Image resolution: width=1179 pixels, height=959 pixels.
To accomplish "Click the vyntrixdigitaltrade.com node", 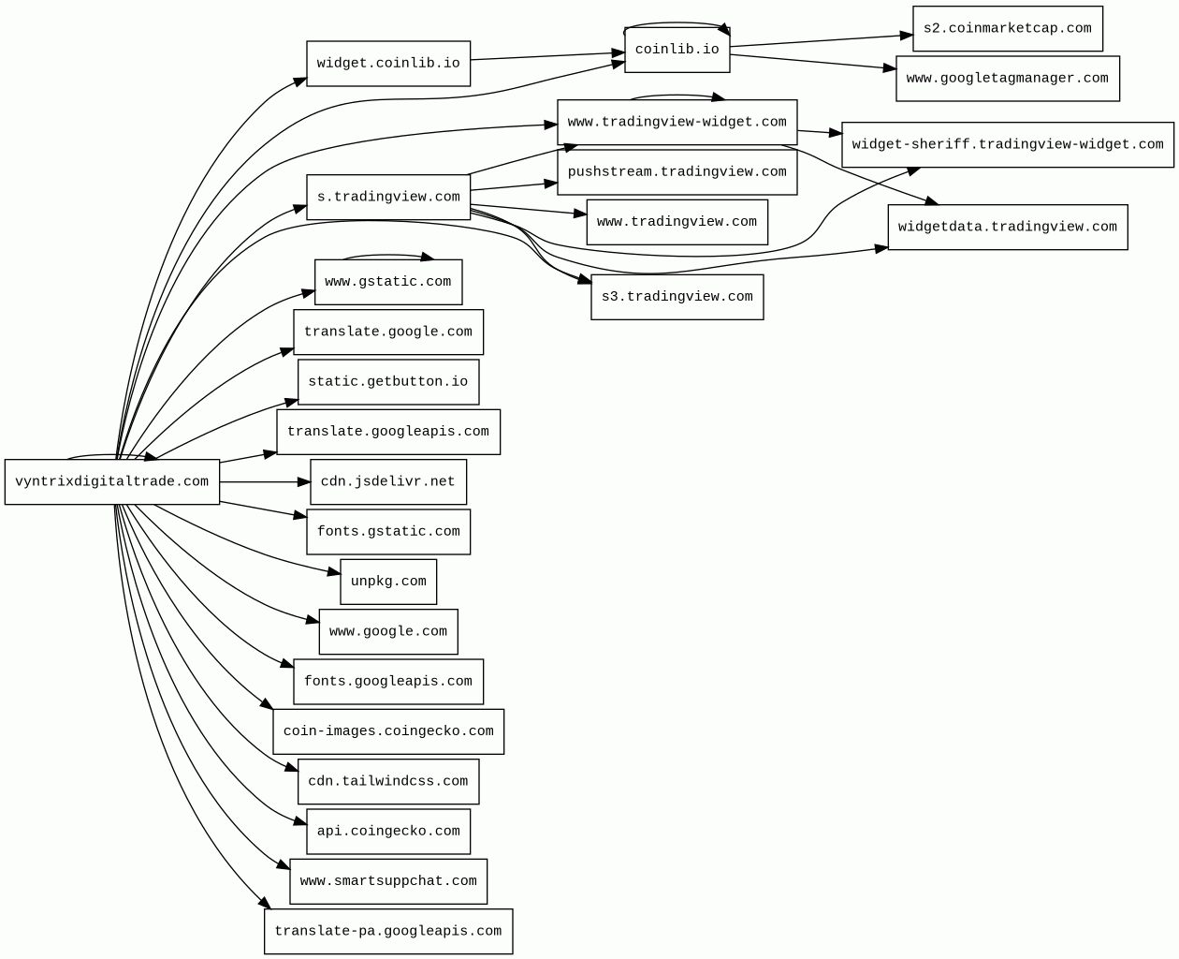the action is [x=111, y=481].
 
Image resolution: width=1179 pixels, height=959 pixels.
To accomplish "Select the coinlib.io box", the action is [x=677, y=50].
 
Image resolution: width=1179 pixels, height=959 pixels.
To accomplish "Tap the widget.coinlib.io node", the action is [x=388, y=63].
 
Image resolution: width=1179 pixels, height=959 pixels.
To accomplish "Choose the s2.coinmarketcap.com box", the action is [x=1008, y=29].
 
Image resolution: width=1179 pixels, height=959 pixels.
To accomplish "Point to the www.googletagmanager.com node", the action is [x=1008, y=79].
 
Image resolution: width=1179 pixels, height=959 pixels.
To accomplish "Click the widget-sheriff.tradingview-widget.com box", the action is [x=1008, y=144].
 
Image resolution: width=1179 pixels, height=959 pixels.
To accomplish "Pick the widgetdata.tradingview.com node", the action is [x=1008, y=228].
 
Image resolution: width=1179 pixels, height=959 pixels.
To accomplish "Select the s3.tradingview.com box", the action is [x=677, y=297].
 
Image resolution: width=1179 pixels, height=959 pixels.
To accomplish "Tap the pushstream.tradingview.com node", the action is [x=677, y=172].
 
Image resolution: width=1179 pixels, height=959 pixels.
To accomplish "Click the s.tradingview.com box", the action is [x=388, y=198].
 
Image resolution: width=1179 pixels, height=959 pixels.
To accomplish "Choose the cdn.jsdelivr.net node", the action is [x=388, y=482].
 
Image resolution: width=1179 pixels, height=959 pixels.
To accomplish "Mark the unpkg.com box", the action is [x=388, y=582].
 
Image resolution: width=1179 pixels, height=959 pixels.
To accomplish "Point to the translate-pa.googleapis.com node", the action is [x=388, y=931].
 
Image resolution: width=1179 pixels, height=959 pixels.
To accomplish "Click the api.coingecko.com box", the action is [x=388, y=832].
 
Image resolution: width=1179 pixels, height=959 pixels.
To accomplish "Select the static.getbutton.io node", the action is [x=388, y=382].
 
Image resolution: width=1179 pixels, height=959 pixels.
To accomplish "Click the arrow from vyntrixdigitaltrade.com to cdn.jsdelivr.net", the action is [x=265, y=482].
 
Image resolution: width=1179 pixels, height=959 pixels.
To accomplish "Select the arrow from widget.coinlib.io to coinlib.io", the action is [x=547, y=56].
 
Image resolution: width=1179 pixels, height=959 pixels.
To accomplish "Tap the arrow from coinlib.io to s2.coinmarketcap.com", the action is [x=822, y=41].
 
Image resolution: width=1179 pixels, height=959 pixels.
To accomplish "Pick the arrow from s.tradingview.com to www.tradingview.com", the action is [x=529, y=210].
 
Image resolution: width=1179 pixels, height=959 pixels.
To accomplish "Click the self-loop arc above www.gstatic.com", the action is [x=387, y=256].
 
